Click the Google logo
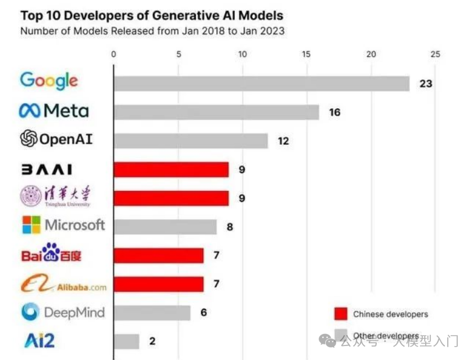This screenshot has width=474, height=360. [x=49, y=80]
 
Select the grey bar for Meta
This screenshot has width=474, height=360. [x=216, y=112]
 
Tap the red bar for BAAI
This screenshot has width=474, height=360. [x=171, y=169]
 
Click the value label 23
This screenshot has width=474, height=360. [x=426, y=84]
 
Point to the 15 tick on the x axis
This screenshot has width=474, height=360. [x=307, y=55]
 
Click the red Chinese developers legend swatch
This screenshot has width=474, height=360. [x=341, y=314]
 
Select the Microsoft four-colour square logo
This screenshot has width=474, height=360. [x=31, y=225]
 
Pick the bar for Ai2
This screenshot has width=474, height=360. [x=126, y=341]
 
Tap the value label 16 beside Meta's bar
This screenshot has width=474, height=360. [x=334, y=112]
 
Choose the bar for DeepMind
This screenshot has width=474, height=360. [x=152, y=312]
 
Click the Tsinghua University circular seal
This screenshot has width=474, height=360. [x=30, y=197]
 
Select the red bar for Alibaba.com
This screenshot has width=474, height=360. [x=158, y=284]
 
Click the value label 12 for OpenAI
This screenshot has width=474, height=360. [x=283, y=141]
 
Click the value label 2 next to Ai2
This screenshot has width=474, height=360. [x=152, y=341]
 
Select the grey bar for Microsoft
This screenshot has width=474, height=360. [x=165, y=227]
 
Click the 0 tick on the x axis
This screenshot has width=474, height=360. [x=113, y=55]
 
